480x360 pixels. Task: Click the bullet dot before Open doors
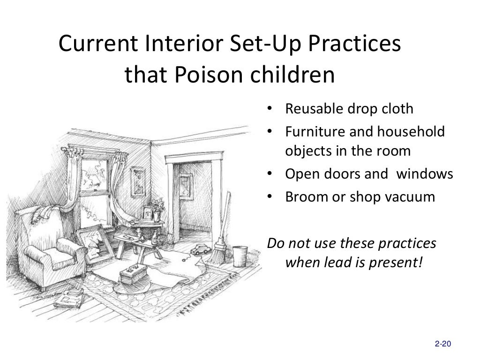pos(270,174)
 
